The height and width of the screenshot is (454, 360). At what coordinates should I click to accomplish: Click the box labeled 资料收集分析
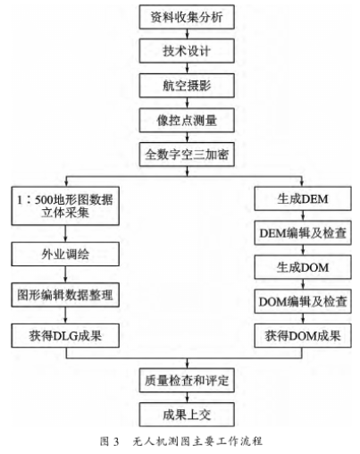[x=187, y=17]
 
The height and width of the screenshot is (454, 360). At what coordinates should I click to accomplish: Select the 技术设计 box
[x=187, y=51]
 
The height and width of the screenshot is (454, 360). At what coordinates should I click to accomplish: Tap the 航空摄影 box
[x=187, y=85]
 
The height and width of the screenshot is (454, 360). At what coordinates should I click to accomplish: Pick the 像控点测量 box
[x=187, y=120]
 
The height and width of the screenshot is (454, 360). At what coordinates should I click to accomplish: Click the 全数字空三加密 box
[x=187, y=155]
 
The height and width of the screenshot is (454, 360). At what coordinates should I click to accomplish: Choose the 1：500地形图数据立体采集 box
[x=65, y=206]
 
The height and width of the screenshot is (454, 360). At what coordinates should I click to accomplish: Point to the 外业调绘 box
[x=65, y=254]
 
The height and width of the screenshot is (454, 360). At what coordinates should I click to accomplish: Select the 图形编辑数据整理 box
[x=65, y=295]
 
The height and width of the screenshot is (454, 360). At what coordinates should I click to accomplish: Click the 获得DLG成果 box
[x=65, y=336]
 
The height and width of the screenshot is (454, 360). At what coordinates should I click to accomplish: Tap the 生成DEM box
[x=303, y=198]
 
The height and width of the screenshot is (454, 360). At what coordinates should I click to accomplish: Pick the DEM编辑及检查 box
[x=303, y=233]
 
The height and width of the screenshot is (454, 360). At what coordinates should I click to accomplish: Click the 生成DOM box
[x=303, y=267]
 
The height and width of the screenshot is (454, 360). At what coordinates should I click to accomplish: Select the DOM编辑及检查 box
[x=303, y=301]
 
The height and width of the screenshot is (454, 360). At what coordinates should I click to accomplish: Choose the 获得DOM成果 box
[x=303, y=336]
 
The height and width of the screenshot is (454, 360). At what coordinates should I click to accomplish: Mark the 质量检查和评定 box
[x=187, y=381]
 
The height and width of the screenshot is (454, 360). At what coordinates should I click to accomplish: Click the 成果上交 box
[x=187, y=415]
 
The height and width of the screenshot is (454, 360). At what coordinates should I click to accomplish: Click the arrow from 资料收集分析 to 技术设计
[x=187, y=34]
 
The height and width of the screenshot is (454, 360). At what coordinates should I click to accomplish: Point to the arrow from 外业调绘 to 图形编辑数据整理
[x=65, y=274]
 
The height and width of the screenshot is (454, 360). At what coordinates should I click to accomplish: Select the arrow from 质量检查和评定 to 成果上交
[x=187, y=398]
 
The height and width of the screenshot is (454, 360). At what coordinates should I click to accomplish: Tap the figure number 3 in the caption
[x=116, y=441]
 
